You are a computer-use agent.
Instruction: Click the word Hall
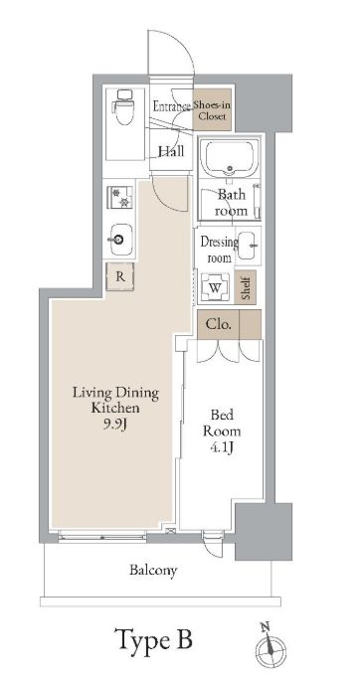(171, 151)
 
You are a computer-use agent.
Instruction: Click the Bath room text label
(232, 203)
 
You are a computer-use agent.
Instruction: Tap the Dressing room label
(218, 249)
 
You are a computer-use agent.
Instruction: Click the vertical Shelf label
(248, 287)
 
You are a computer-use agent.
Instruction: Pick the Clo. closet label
(218, 323)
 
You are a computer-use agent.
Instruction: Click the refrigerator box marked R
(119, 277)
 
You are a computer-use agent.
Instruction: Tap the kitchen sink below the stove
(119, 238)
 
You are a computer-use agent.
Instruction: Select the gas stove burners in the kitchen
(119, 197)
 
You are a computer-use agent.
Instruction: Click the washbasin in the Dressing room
(247, 242)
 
